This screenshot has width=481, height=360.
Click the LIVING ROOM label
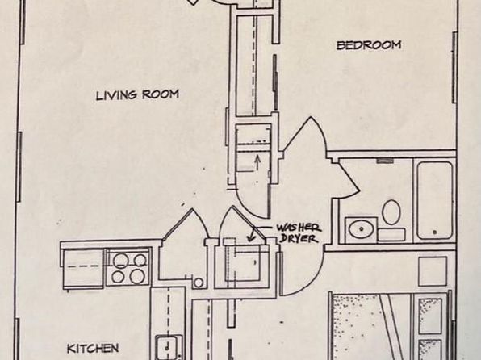click(137, 94)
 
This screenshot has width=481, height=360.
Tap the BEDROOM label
click(369, 45)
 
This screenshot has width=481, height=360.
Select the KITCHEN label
click(93, 349)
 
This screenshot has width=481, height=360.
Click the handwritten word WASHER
click(299, 228)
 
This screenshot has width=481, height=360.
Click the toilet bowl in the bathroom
click(391, 212)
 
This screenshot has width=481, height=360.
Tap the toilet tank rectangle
click(391, 234)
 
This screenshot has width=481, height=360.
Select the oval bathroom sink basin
click(361, 229)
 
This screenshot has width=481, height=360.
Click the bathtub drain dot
click(434, 232)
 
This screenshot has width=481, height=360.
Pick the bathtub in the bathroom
click(435, 201)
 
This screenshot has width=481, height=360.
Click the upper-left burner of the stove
click(120, 261)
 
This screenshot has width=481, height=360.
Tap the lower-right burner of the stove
click(137, 276)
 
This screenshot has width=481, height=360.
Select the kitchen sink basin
click(166, 348)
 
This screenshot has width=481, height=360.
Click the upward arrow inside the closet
click(257, 163)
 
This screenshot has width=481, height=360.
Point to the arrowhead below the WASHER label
click(252, 238)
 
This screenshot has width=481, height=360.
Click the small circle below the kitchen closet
click(199, 283)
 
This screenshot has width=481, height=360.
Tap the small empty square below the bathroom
click(433, 271)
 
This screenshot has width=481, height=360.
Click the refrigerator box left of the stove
click(83, 269)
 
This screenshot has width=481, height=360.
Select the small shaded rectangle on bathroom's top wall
click(385, 161)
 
